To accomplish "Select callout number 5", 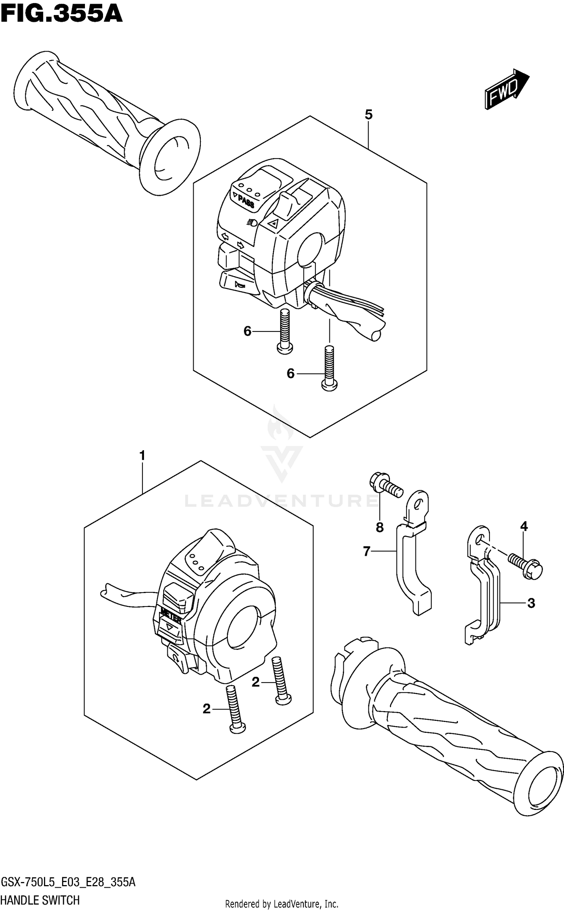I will tap(368, 115).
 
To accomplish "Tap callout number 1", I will tap(142, 456).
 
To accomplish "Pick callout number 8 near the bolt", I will tap(379, 527).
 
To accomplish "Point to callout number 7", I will tap(367, 551).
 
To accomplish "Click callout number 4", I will tap(524, 527).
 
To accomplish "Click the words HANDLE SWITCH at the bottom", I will tap(40, 900).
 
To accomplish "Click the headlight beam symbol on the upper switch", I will tap(252, 223).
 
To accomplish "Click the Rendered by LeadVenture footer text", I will tap(282, 903).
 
